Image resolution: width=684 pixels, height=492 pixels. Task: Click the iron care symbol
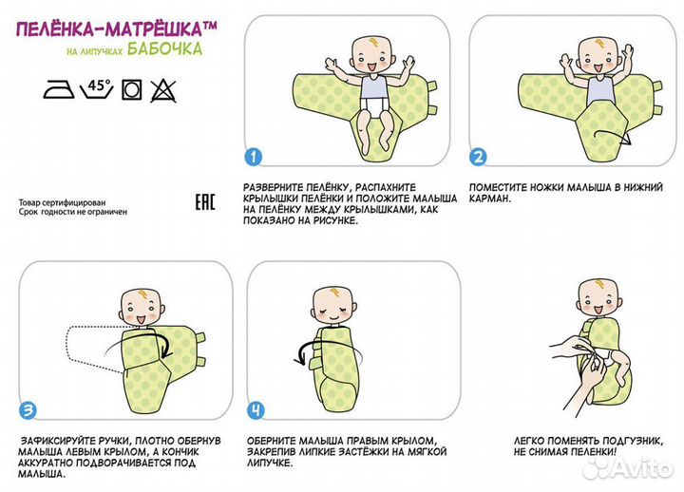pyautogui.click(x=59, y=90)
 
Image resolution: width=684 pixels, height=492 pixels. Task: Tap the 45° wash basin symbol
pyautogui.click(x=97, y=89)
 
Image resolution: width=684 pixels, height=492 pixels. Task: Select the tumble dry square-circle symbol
pyautogui.click(x=131, y=90)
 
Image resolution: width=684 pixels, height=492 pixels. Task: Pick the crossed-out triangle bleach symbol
pyautogui.click(x=163, y=90)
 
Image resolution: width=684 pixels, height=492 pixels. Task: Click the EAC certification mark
pyautogui.click(x=204, y=202)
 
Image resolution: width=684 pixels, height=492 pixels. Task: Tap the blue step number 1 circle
pyautogui.click(x=254, y=157)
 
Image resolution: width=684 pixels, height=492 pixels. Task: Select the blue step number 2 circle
pyautogui.click(x=478, y=157)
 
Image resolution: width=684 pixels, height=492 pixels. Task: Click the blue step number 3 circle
pyautogui.click(x=28, y=410)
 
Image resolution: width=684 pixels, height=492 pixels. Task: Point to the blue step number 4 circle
pyautogui.click(x=256, y=410)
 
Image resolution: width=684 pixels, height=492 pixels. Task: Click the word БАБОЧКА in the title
pyautogui.click(x=165, y=48)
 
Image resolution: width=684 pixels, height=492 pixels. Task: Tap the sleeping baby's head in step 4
pyautogui.click(x=334, y=306)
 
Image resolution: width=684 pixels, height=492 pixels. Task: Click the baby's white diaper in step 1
pyautogui.click(x=373, y=105)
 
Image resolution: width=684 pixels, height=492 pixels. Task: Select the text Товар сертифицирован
pyautogui.click(x=62, y=203)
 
